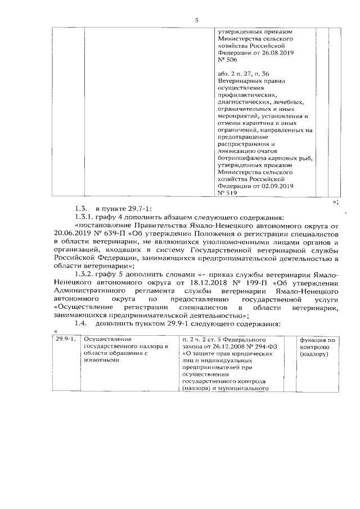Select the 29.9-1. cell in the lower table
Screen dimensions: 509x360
64,340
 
